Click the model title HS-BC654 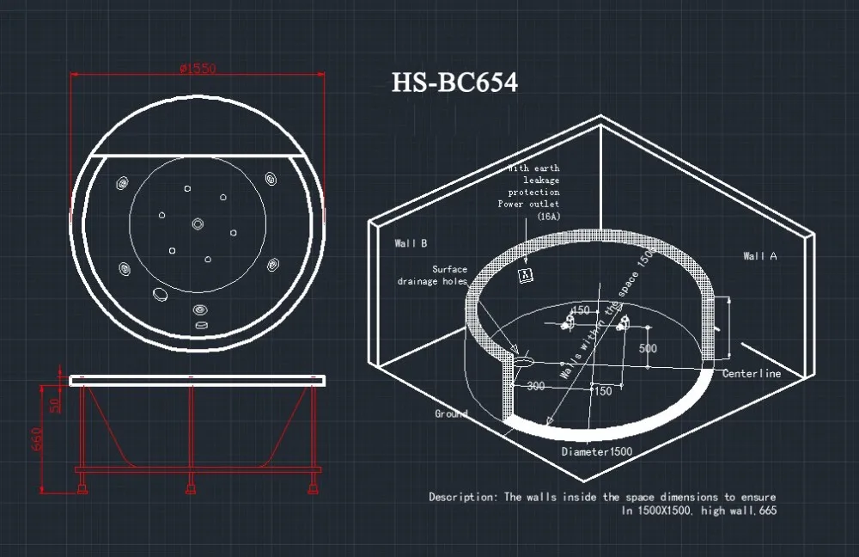[454, 83]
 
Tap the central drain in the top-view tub [198, 223]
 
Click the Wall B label [411, 243]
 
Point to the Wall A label [759, 256]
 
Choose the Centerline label [751, 374]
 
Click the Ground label [451, 413]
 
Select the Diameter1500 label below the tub [596, 451]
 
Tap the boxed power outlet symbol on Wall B [527, 274]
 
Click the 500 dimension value [648, 349]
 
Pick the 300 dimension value [536, 387]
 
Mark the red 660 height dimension [37, 439]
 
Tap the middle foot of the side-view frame [190, 490]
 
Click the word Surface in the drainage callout [450, 269]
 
